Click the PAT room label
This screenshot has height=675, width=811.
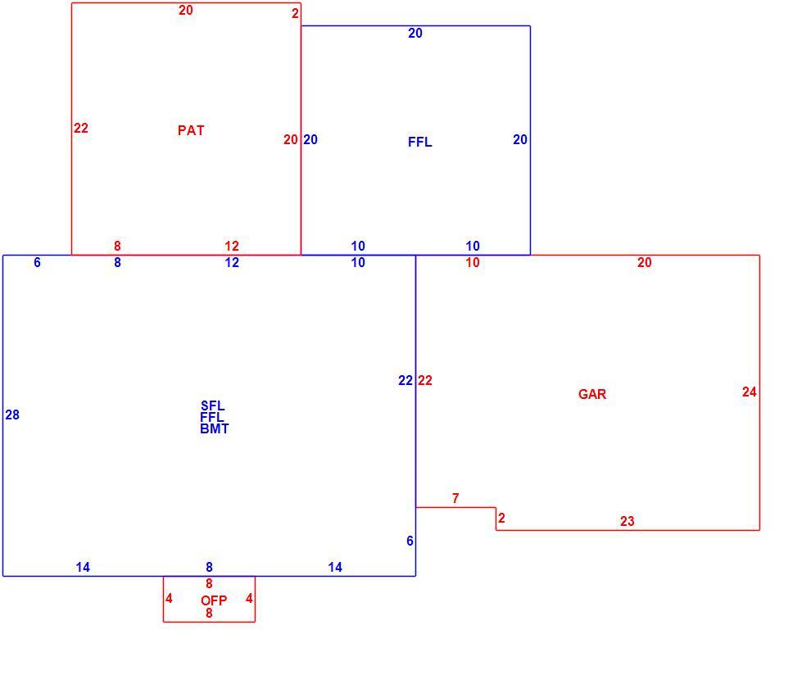coord(191,130)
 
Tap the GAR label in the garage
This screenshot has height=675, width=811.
coord(592,394)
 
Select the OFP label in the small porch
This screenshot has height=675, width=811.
coord(214,600)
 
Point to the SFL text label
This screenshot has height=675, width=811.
coord(212,405)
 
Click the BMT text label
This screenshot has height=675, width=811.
coord(214,428)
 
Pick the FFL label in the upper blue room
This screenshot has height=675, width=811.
coord(420,142)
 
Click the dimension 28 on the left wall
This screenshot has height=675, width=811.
coord(12,415)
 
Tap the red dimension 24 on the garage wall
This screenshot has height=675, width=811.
coord(750,392)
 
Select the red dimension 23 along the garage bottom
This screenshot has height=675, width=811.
coord(628,521)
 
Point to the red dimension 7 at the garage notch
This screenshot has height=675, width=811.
coord(455,498)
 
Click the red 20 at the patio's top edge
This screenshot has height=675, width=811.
coord(186,11)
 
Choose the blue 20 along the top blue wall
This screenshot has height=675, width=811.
coord(415,33)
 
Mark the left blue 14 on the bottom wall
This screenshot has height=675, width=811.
coord(83,568)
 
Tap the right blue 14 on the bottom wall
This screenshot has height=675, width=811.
coord(335,568)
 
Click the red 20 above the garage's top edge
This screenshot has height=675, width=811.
coord(645,263)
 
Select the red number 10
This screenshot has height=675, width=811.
coord(473,263)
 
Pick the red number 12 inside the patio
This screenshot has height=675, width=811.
coord(232,247)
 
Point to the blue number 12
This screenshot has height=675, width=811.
coord(232,263)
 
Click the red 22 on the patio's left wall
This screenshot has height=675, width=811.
coord(81,129)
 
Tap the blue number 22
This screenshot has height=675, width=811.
coord(405,381)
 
